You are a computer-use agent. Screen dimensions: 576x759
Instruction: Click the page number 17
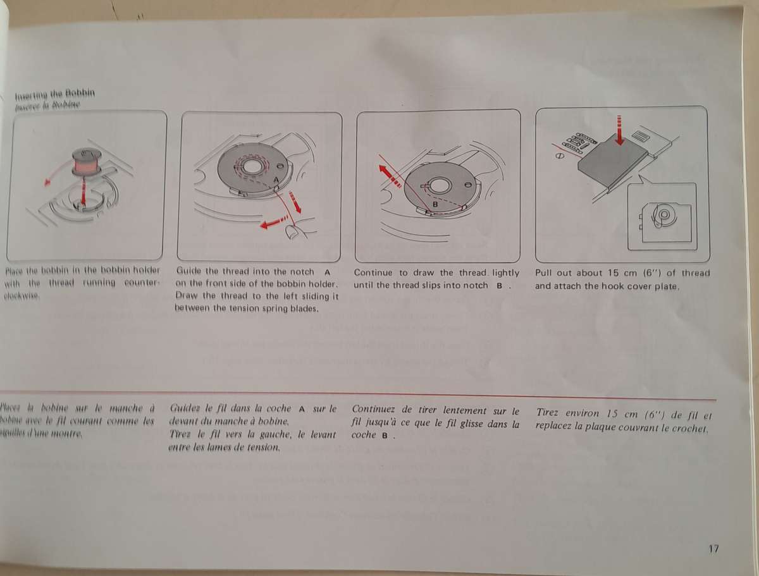click(x=713, y=549)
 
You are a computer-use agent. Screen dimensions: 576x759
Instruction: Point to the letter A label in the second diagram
click(x=276, y=181)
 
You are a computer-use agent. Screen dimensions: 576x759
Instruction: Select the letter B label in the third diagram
click(x=436, y=204)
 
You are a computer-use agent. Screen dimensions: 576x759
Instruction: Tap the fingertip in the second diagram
click(x=293, y=232)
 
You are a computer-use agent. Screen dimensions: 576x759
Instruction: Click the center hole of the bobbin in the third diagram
click(x=440, y=185)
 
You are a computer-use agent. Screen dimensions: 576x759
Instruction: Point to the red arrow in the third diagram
click(x=389, y=175)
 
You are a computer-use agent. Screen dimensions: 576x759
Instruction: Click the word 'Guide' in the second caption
click(x=188, y=272)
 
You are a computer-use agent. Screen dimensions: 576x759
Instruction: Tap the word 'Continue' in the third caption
click(x=372, y=273)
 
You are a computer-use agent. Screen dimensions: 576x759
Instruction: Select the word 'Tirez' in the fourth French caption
click(x=547, y=413)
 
